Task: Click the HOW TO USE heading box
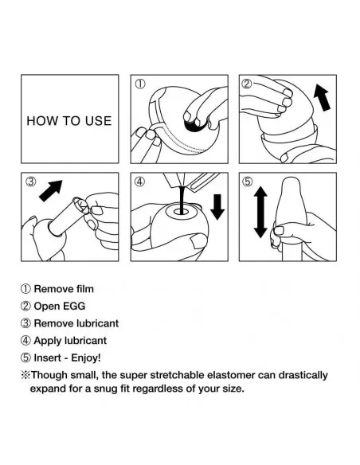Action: click(68, 121)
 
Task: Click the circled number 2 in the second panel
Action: click(247, 84)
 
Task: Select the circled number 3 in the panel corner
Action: click(33, 181)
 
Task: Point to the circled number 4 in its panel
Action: click(140, 181)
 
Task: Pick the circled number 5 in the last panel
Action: click(248, 181)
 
